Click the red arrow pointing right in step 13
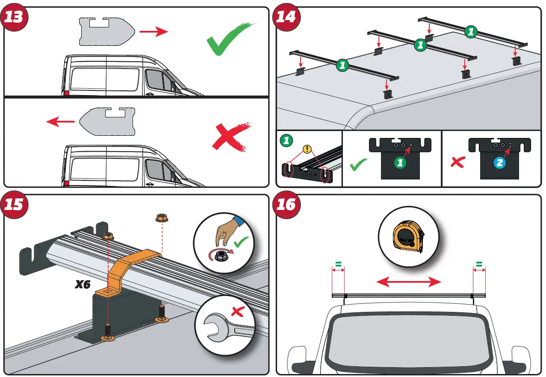pos(154,31)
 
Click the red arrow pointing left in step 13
pos(60,122)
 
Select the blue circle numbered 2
pos(500,163)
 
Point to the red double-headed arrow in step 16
pos(408,281)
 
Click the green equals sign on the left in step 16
pos(338,265)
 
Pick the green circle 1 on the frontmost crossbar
pos(342,66)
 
